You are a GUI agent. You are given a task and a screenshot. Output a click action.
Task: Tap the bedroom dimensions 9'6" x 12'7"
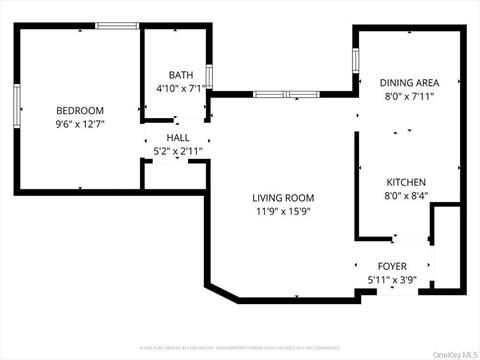click(x=80, y=123)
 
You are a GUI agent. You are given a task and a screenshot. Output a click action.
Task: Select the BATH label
click(x=180, y=75)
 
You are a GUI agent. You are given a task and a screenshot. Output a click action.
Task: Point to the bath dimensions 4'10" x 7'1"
click(x=180, y=88)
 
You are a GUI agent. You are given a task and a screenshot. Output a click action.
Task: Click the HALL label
click(x=178, y=138)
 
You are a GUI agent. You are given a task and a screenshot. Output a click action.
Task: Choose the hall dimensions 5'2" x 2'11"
click(x=178, y=151)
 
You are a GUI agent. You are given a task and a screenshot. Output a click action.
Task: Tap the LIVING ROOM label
click(x=283, y=198)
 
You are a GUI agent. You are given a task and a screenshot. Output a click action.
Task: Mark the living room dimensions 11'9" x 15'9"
click(x=283, y=211)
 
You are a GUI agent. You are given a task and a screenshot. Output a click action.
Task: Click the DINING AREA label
click(x=407, y=83)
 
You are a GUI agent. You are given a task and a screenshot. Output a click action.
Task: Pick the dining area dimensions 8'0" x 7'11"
click(x=407, y=97)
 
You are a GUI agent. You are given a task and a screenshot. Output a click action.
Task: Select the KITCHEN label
click(x=407, y=182)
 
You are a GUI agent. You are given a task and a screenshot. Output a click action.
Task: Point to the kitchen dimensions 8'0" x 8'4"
click(x=407, y=196)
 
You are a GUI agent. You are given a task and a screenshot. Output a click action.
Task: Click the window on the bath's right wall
click(x=209, y=77)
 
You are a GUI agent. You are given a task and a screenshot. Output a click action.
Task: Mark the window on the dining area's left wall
click(x=355, y=59)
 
